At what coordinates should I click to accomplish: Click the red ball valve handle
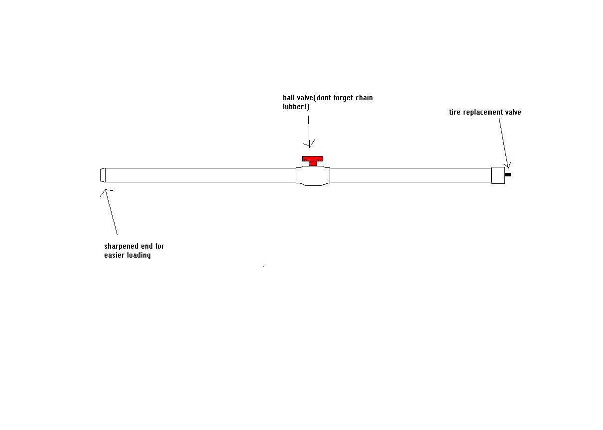312,159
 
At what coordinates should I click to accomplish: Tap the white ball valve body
313,176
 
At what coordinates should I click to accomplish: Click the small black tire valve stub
507,174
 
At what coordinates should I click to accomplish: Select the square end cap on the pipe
498,175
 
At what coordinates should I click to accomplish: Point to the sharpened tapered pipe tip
103,175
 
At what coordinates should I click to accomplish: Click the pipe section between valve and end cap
411,175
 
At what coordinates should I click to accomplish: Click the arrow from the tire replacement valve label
503,143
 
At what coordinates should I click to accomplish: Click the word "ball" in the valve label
289,98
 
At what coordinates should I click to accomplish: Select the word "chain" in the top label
364,98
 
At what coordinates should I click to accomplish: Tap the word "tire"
455,112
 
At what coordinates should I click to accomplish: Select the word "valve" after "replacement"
512,112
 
